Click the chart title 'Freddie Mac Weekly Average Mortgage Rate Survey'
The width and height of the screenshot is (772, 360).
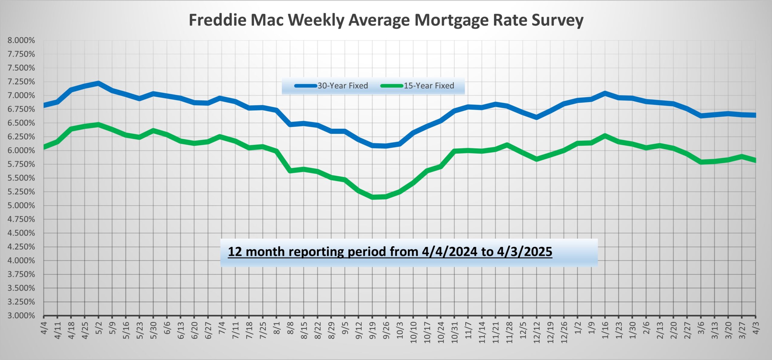[386, 21]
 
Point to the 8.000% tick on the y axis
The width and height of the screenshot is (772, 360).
[21, 40]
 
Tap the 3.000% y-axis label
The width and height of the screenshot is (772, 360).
[21, 316]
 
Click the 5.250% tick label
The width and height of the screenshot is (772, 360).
[21, 192]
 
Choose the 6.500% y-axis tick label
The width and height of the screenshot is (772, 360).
[21, 123]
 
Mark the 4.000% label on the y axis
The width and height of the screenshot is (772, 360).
[21, 261]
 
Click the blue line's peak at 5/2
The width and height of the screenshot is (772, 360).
[98, 83]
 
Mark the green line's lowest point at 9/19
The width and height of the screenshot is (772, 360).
[372, 197]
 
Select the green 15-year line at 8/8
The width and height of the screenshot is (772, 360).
[290, 171]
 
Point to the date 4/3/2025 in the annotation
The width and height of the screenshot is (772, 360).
[524, 252]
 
